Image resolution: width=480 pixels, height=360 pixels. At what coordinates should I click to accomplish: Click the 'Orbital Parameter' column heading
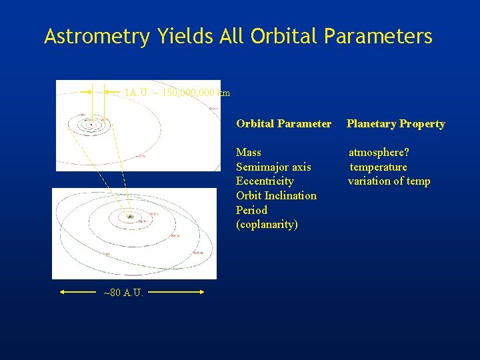283,123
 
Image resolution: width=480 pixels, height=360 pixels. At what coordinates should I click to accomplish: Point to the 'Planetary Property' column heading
395,123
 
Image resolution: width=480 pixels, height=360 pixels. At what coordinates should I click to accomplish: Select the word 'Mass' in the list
249,153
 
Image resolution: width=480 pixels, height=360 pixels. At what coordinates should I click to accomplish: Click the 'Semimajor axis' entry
273,167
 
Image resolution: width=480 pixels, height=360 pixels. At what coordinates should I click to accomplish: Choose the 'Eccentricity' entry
265,181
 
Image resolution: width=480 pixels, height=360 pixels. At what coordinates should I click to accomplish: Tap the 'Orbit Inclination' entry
276,195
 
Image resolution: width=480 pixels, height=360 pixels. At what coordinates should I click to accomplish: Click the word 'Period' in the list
251,210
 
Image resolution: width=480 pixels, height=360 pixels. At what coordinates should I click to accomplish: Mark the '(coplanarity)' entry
267,225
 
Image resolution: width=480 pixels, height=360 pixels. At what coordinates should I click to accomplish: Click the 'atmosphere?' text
379,153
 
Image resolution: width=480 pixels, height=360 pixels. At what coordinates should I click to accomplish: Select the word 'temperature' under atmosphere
378,167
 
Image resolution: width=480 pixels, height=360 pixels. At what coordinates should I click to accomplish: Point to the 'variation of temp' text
389,181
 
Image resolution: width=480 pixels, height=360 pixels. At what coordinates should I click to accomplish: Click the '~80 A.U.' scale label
123,292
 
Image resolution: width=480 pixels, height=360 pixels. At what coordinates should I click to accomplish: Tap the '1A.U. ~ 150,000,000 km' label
177,93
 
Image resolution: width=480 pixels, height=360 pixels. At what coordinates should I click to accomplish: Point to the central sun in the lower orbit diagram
131,217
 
